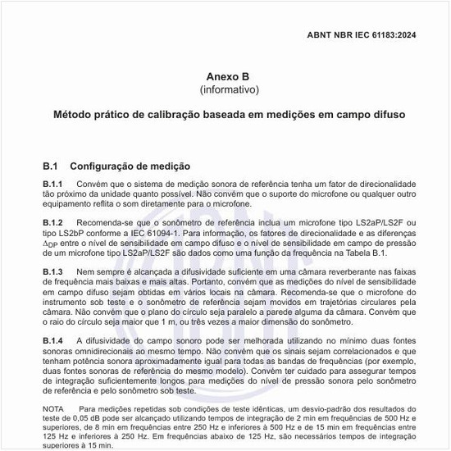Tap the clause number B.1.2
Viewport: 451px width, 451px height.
[54, 223]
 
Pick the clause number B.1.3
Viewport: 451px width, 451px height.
[54, 271]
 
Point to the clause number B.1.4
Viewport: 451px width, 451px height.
[54, 339]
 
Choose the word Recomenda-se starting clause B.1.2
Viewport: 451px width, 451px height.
[105, 223]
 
